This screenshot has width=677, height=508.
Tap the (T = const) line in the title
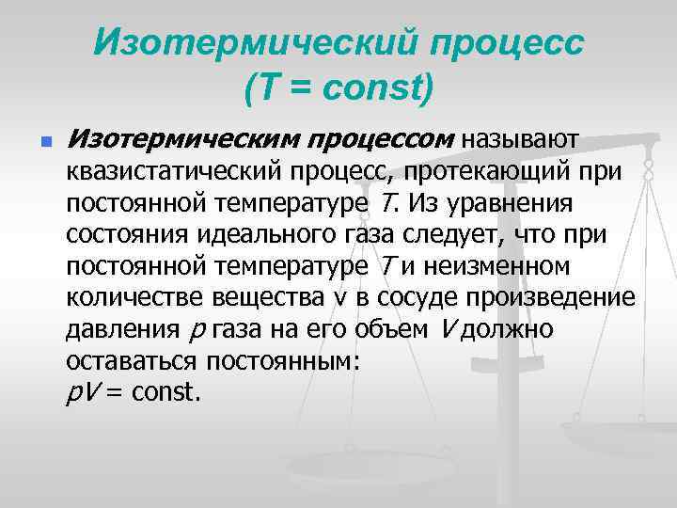pos(338,89)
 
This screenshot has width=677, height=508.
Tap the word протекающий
pos(488,172)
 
